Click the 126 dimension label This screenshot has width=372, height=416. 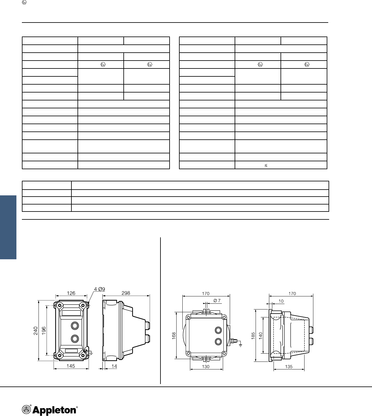coord(71,293)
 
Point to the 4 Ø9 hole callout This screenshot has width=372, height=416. coord(99,289)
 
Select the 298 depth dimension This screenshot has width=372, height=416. coord(126,293)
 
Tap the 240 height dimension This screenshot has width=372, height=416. coord(36,331)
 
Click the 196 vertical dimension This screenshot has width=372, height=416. coord(44,331)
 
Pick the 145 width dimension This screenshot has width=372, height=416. coord(71,366)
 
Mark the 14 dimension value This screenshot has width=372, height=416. coord(114,366)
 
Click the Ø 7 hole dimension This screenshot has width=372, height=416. coord(217,301)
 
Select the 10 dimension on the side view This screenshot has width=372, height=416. coord(281,301)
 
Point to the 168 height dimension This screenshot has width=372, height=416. coord(174,336)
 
